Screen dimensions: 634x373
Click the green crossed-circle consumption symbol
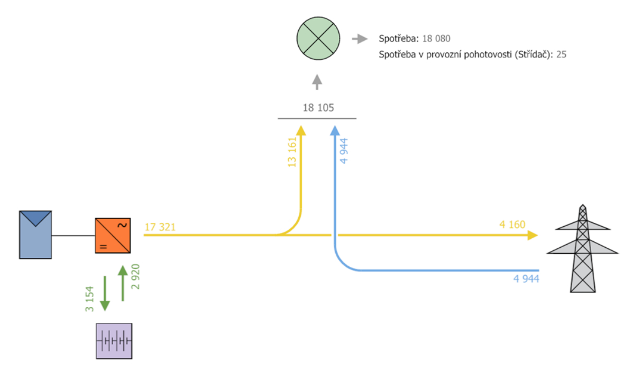318,39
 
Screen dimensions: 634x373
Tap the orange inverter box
113,236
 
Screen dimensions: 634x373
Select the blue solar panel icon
35,235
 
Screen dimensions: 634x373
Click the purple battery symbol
114,341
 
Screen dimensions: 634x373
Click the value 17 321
160,227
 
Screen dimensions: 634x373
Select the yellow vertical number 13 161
292,152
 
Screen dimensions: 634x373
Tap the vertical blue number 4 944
344,151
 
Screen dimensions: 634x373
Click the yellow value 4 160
512,225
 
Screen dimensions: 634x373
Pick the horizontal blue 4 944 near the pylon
526,279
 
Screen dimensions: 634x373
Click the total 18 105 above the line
318,108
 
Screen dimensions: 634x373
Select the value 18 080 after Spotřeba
436,39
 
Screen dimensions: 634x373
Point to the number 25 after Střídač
561,54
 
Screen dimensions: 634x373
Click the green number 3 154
89,299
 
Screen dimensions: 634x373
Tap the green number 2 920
135,277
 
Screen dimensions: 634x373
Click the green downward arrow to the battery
105,293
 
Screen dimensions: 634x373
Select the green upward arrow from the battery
123,283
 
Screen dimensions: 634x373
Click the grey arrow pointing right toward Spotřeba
360,39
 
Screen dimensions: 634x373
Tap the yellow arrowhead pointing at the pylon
533,235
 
